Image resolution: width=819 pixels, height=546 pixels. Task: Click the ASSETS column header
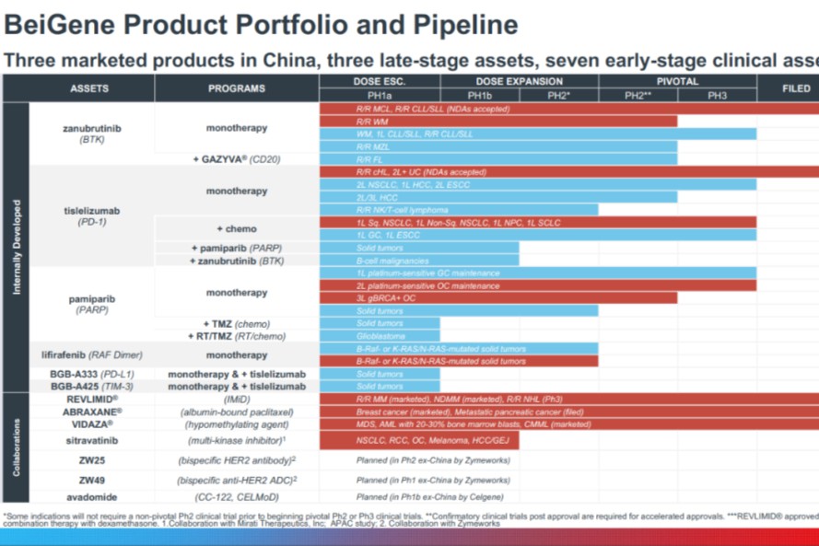tap(89, 88)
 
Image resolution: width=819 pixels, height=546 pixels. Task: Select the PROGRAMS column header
tap(236, 88)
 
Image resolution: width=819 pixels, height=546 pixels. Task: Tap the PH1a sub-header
tap(380, 96)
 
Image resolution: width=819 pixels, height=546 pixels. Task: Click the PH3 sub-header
tap(717, 96)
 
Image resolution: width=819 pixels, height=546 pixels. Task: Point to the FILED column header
tap(796, 88)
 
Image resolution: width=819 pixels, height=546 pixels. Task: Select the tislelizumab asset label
tap(90, 210)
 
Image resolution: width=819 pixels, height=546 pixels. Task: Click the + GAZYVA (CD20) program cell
tap(236, 159)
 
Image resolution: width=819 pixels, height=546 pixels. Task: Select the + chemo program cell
tap(236, 228)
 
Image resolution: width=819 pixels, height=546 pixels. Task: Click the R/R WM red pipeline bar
tap(497, 122)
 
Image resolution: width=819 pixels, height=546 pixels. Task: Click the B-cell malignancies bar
tap(419, 261)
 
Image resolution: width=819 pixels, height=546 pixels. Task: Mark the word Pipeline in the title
tap(457, 25)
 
